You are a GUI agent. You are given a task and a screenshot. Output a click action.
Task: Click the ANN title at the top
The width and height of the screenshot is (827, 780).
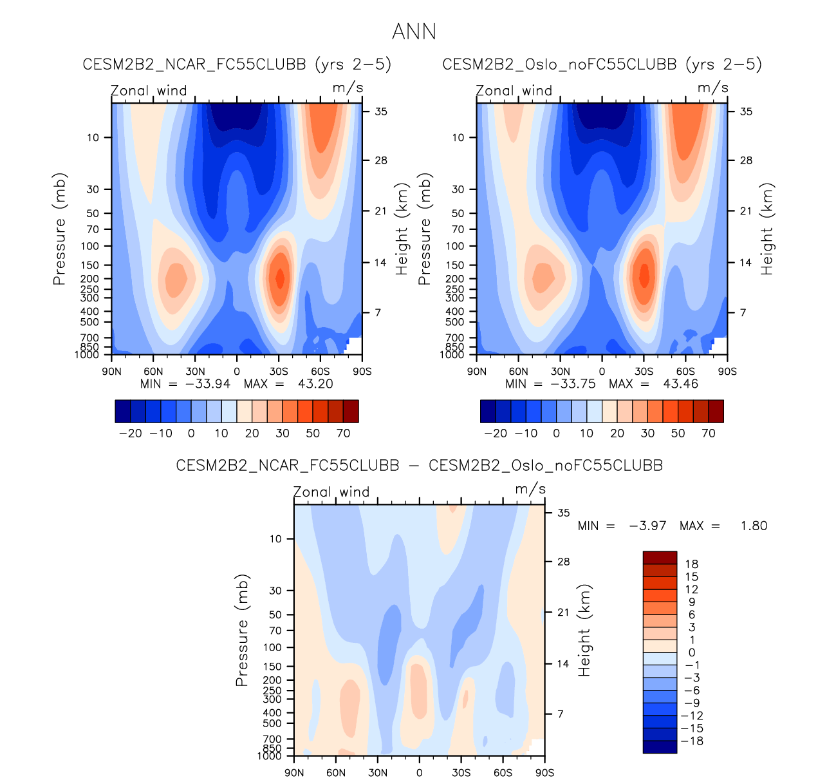tap(414, 32)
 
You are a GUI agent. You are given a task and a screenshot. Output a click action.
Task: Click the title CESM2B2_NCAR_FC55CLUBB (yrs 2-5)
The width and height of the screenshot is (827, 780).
tap(237, 64)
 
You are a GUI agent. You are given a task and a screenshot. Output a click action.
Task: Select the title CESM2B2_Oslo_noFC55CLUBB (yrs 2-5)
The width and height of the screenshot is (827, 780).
tap(602, 64)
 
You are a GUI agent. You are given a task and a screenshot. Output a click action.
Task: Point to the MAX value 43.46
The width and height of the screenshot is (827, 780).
tap(680, 384)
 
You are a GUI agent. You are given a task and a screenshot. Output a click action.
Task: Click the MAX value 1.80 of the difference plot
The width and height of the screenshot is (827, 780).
tap(754, 526)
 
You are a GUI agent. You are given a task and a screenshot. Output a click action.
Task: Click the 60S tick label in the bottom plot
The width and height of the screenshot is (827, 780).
tap(503, 772)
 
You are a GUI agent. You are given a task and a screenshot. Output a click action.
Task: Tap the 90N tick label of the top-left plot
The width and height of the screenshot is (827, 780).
tap(111, 372)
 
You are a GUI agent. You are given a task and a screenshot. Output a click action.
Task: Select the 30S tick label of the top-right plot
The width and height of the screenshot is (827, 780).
tap(644, 372)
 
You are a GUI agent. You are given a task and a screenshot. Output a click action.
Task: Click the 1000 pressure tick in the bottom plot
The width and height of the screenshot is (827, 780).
tap(270, 756)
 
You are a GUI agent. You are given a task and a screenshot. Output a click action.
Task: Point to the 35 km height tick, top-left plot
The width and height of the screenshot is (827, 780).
tap(381, 111)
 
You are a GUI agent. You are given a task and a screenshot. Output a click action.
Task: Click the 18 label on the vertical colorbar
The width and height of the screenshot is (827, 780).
tap(691, 564)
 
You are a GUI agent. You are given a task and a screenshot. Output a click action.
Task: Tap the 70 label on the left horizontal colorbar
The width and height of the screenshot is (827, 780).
tap(343, 433)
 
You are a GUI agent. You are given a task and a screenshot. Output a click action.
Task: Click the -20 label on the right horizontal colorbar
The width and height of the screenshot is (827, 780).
tap(496, 433)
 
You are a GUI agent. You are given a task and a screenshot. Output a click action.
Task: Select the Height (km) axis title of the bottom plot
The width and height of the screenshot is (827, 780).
tap(584, 631)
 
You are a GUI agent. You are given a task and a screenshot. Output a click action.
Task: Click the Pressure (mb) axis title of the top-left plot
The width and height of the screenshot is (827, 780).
tap(59, 229)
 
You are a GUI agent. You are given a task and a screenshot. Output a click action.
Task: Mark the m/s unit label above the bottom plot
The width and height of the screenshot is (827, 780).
tap(530, 490)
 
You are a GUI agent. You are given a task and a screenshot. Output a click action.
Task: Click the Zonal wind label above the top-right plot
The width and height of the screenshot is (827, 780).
tap(514, 91)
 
